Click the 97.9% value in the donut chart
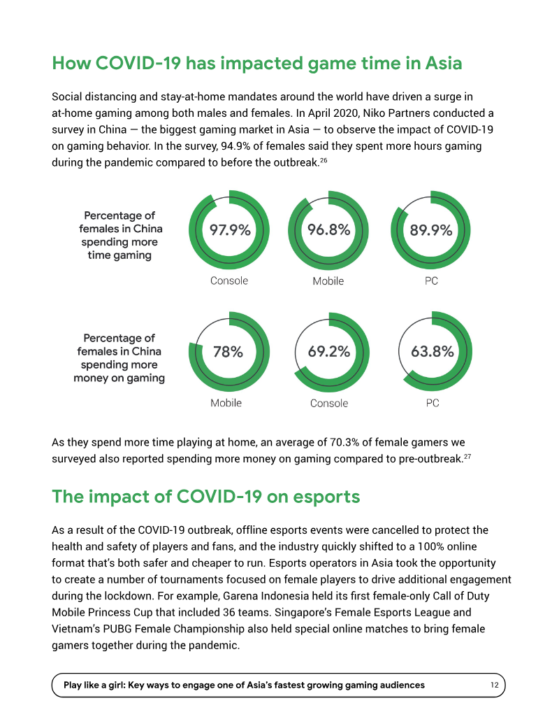click(230, 229)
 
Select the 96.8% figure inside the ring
click(329, 229)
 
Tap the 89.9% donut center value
click(431, 229)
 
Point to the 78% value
click(228, 352)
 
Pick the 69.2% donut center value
click(329, 351)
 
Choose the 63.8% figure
click(432, 351)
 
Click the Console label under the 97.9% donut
click(229, 281)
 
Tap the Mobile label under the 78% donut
click(226, 403)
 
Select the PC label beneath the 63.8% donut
click(432, 403)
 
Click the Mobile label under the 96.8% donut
click(328, 281)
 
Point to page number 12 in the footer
click(495, 686)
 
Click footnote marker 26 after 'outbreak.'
click(324, 160)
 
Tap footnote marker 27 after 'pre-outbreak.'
click(467, 457)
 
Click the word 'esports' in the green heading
click(326, 497)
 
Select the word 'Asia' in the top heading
click(444, 63)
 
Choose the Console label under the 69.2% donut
click(329, 403)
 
